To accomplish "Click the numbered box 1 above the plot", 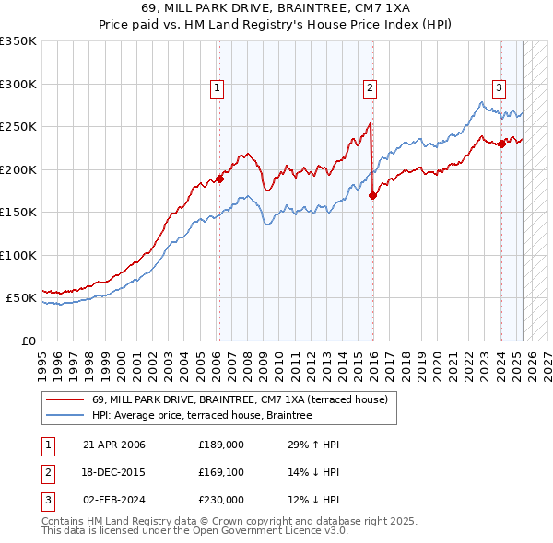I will (216, 88).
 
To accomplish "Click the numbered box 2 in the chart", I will (369, 88).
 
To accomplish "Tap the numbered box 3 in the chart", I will (499, 88).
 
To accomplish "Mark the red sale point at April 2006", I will (220, 179).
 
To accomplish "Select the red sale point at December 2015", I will (373, 195).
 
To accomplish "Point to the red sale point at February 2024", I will (501, 144).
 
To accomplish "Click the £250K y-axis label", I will (18, 126).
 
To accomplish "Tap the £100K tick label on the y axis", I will (18, 255).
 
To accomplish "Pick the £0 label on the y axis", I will (28, 341).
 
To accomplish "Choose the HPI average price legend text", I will (202, 415).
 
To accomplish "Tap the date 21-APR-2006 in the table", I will (114, 445).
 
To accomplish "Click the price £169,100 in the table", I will (221, 472).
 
